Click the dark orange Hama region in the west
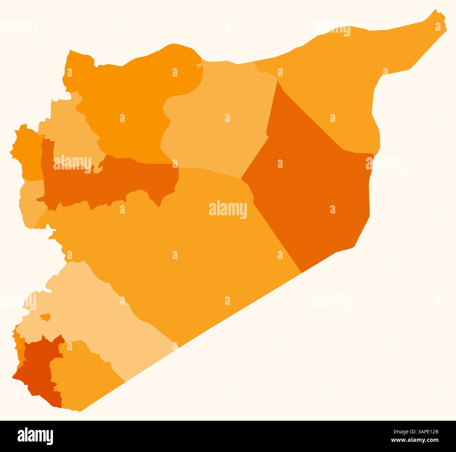[116, 179]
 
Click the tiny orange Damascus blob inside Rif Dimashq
[45, 317]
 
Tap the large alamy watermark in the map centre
[228, 210]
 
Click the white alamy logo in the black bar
[35, 436]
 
